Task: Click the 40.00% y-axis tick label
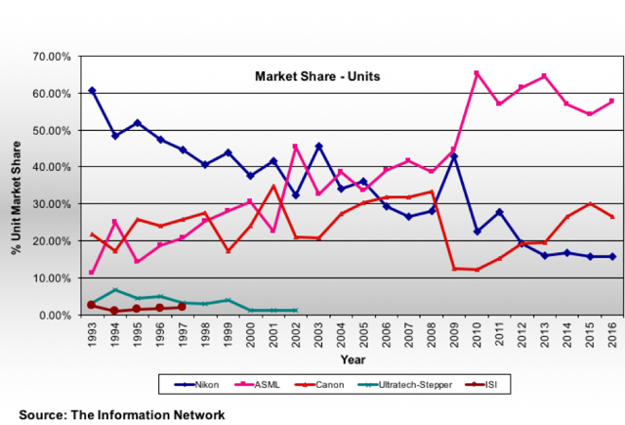51,167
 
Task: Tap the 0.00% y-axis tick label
54,316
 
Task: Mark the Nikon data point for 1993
92,90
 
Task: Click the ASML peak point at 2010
476,73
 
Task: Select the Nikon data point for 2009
453,156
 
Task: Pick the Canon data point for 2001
272,187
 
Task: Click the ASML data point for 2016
611,101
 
